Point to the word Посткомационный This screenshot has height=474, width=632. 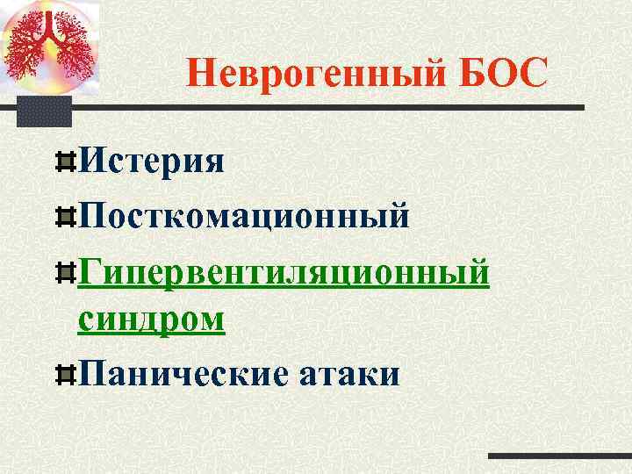coord(244,215)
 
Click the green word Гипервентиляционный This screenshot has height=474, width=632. coord(284,271)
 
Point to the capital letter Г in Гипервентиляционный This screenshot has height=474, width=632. coord(89,271)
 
